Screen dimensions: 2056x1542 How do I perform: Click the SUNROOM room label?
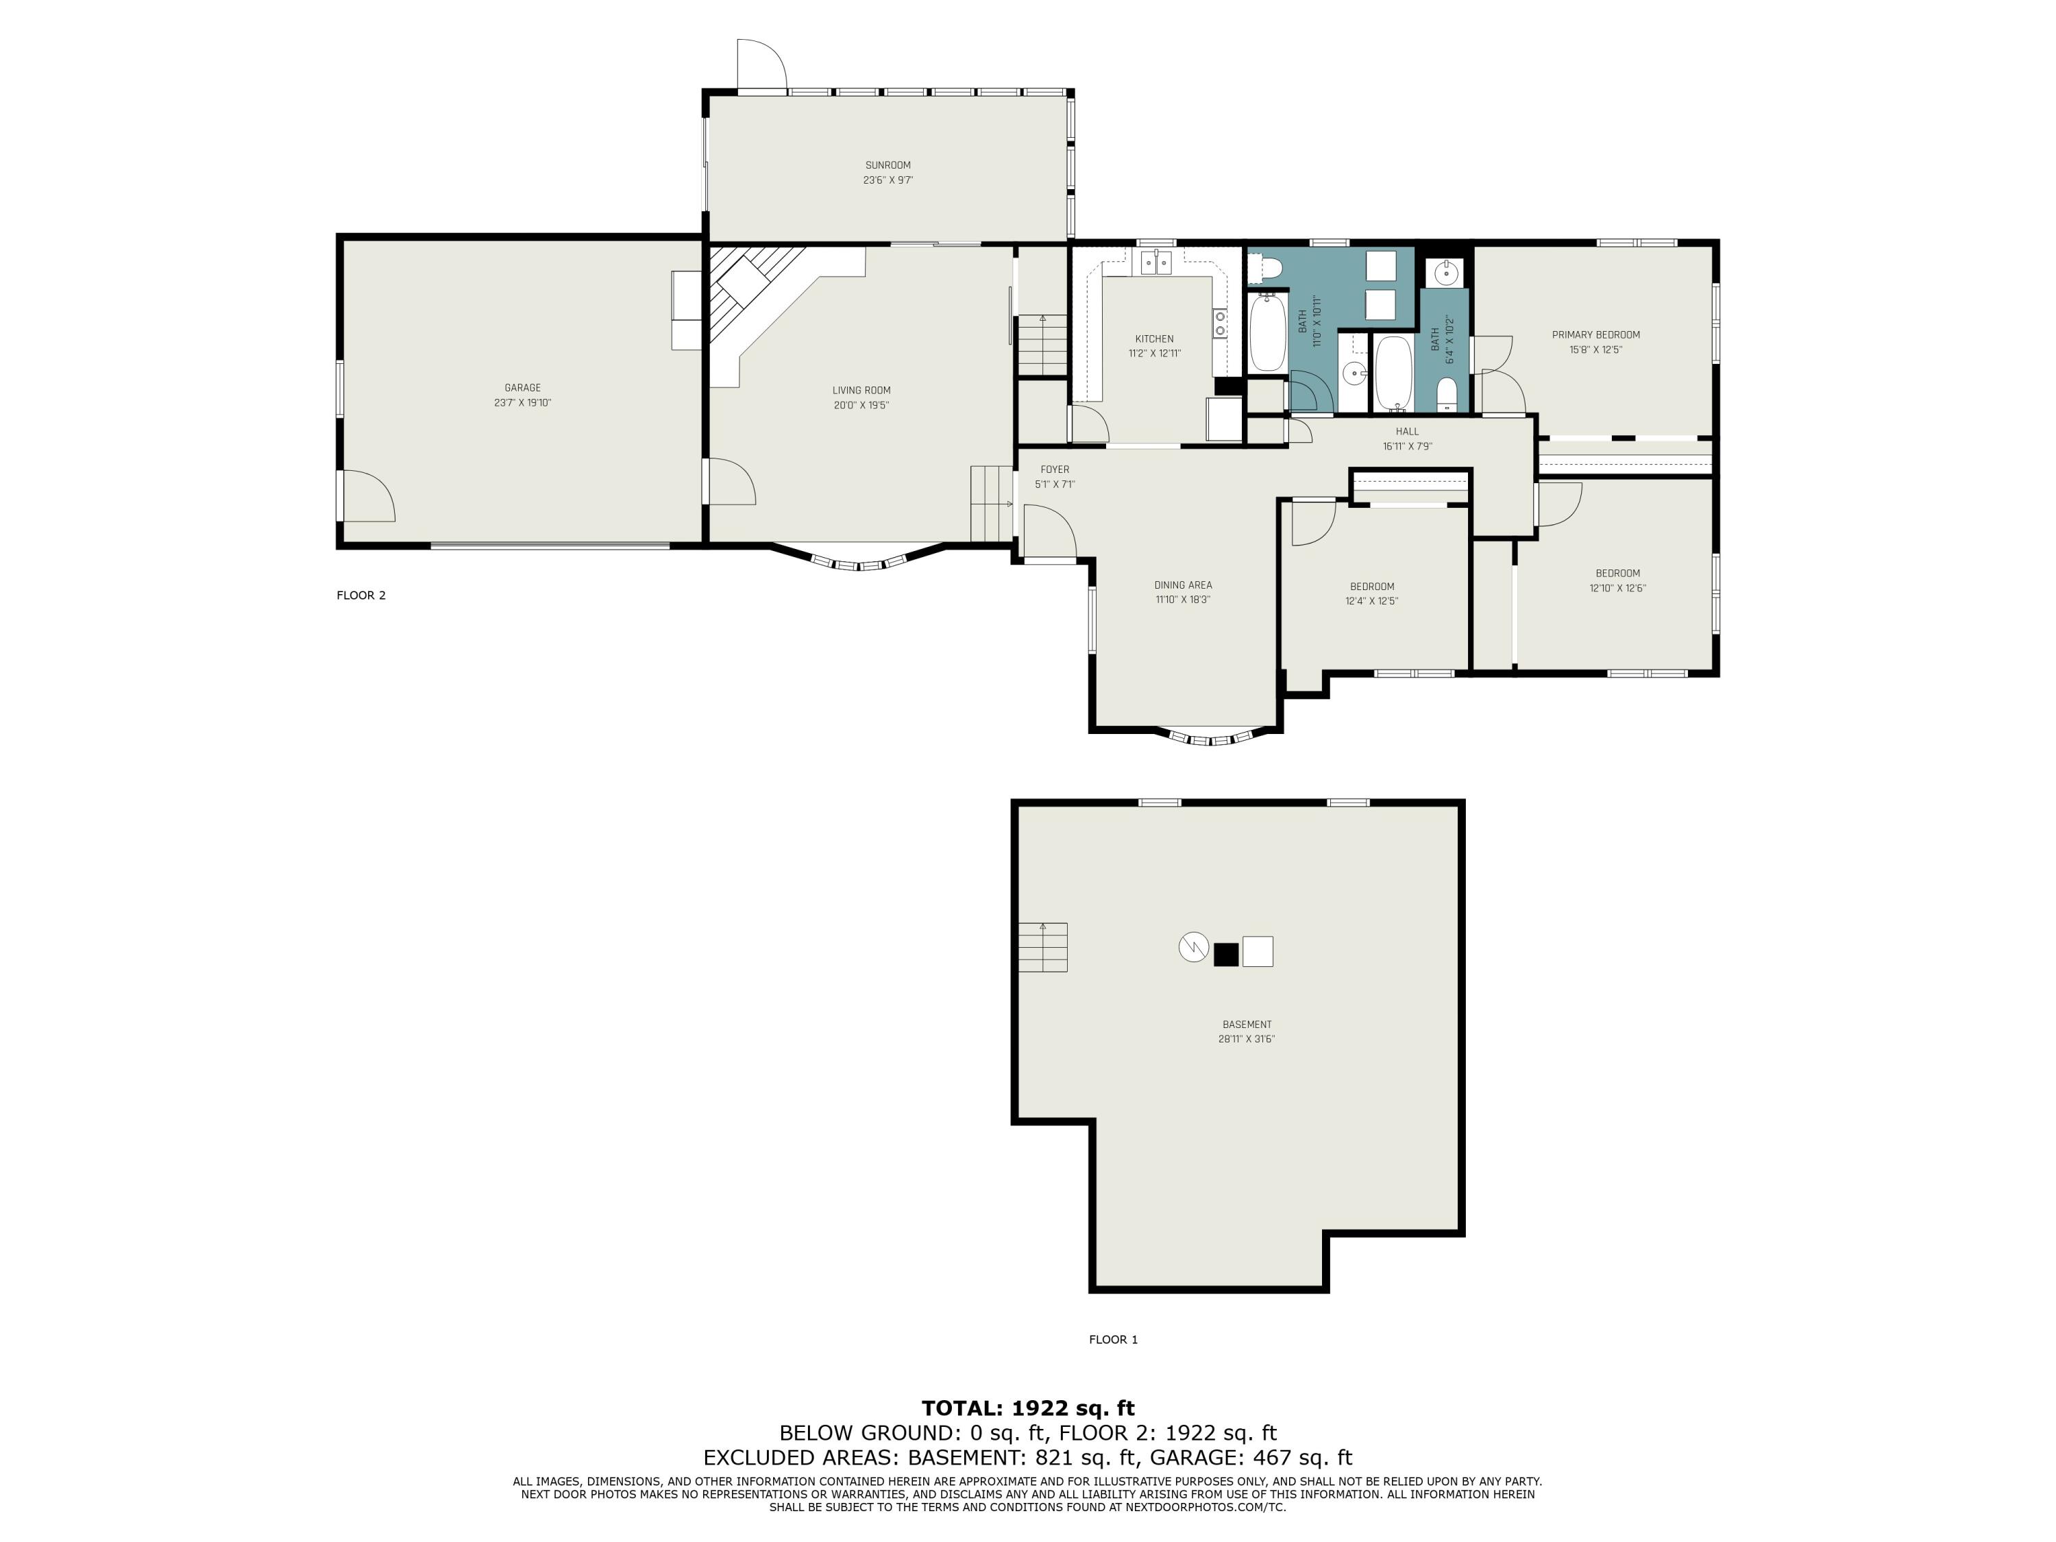(888, 165)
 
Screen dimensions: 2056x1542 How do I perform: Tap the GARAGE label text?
(522, 388)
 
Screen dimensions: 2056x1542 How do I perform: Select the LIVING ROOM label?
(861, 391)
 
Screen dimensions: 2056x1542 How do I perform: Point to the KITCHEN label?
(1154, 339)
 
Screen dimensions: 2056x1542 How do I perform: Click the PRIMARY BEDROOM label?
(1596, 334)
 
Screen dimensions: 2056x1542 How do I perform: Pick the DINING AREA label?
(1183, 585)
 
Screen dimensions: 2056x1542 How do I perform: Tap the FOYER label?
(1055, 469)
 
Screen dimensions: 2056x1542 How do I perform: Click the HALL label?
(1407, 431)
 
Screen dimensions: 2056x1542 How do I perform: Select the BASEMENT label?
(1247, 1025)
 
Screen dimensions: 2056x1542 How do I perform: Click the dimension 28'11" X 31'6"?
(1247, 1039)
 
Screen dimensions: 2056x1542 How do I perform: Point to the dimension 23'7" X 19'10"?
(522, 402)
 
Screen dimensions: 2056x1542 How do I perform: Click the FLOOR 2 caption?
(360, 596)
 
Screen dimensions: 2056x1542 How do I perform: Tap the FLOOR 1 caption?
(1114, 1339)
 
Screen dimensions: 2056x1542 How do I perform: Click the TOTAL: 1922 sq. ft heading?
(1028, 1408)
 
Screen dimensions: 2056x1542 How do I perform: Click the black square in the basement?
(1226, 955)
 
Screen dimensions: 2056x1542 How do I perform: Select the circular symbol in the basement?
(1192, 947)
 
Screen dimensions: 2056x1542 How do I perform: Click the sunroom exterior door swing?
(762, 65)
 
